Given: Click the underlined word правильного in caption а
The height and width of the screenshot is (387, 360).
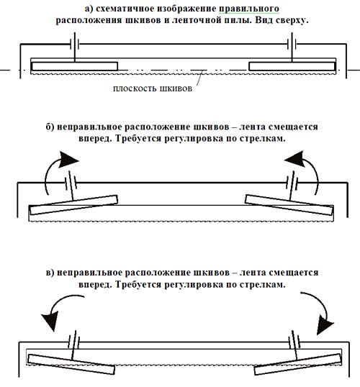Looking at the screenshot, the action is click(249, 9).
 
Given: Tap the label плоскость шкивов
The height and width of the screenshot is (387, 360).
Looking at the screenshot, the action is click(153, 88).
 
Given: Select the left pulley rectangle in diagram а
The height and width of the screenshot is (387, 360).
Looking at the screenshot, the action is click(75, 66).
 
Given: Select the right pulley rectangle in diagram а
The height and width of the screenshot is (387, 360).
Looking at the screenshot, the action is click(292, 66).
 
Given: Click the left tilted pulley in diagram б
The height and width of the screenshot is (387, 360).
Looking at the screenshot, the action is click(73, 205).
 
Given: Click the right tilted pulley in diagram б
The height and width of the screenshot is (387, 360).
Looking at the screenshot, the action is click(289, 205).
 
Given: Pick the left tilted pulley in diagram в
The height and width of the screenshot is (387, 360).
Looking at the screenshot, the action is click(71, 364).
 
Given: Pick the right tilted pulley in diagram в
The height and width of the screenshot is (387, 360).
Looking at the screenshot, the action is click(298, 364).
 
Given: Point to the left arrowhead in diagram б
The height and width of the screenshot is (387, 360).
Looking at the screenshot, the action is click(68, 160).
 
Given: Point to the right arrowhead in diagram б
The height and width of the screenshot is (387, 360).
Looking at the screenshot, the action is click(294, 159).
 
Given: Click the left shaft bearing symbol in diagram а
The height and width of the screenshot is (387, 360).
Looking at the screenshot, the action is click(75, 45).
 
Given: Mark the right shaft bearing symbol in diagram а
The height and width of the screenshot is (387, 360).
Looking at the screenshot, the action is click(292, 45).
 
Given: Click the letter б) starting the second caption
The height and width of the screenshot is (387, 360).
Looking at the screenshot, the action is click(50, 127).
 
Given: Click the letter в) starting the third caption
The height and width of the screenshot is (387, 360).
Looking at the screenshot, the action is click(50, 273).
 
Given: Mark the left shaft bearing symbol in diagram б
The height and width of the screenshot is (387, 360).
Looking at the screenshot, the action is click(71, 183).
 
